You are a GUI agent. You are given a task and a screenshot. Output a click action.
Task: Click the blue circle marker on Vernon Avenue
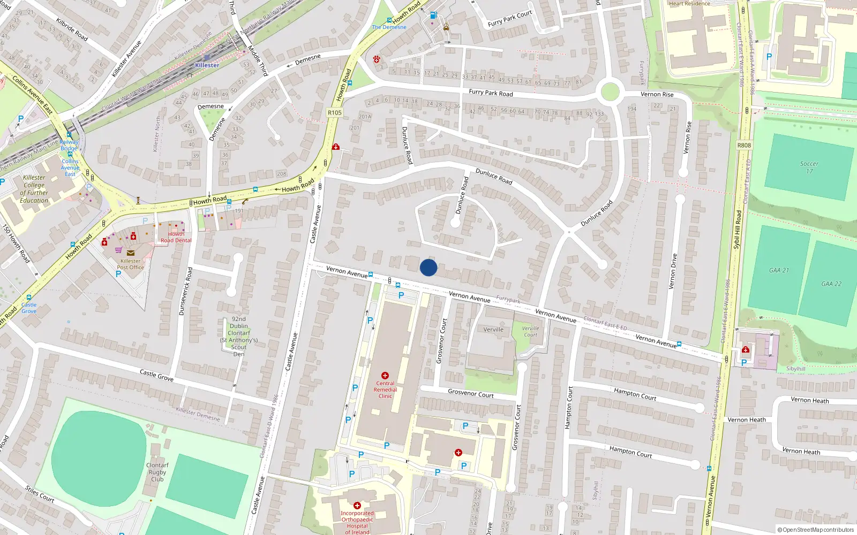428,267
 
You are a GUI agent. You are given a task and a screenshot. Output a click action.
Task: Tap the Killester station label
207,65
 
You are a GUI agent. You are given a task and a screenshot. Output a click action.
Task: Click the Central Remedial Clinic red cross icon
385,376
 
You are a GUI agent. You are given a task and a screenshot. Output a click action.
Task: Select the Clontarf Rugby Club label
157,472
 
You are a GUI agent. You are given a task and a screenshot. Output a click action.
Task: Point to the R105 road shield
334,112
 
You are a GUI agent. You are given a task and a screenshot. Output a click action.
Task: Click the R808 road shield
744,145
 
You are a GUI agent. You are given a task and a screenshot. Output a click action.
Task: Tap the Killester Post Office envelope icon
130,253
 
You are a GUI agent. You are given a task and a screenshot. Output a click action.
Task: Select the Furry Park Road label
491,93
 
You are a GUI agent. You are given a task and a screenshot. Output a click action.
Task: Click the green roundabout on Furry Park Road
610,92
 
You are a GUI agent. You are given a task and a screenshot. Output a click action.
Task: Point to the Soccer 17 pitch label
809,167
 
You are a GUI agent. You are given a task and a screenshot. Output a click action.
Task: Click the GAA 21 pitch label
779,270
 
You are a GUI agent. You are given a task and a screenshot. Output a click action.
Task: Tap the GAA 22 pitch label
831,284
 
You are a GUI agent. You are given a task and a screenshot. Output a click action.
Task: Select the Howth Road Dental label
176,237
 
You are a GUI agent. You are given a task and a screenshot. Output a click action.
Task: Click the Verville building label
493,330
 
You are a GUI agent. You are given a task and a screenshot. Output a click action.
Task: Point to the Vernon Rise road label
657,94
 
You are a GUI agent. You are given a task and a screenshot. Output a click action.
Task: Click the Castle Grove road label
156,375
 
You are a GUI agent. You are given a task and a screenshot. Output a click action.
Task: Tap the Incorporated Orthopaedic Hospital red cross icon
357,506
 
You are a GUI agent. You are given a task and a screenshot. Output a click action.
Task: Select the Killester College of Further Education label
34,189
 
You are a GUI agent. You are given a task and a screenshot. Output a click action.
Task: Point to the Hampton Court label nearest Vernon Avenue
635,394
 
